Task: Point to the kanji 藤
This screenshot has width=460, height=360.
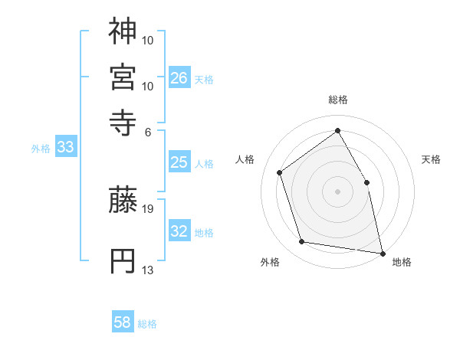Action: pos(123,201)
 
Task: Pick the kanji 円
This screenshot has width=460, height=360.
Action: pos(123,260)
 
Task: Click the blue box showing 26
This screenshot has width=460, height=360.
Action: pos(179,77)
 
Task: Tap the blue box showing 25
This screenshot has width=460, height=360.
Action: pos(179,162)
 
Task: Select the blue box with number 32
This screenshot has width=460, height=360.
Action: pos(179,231)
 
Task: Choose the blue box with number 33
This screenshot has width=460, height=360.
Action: pos(64,148)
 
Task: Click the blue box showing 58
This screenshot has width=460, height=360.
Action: pos(123,322)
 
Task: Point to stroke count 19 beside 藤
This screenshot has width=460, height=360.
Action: pos(148,208)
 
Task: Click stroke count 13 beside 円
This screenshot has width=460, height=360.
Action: pos(148,270)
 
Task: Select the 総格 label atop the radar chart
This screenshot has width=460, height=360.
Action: pos(338,100)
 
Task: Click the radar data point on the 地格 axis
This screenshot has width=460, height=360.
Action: pos(382,252)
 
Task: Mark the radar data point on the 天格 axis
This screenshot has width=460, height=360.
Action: pos(366,182)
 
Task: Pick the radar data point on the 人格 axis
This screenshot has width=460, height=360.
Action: pos(280,172)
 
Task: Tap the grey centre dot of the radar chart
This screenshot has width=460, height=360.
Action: pos(337,191)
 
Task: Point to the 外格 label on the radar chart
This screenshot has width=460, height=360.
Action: pos(270,262)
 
